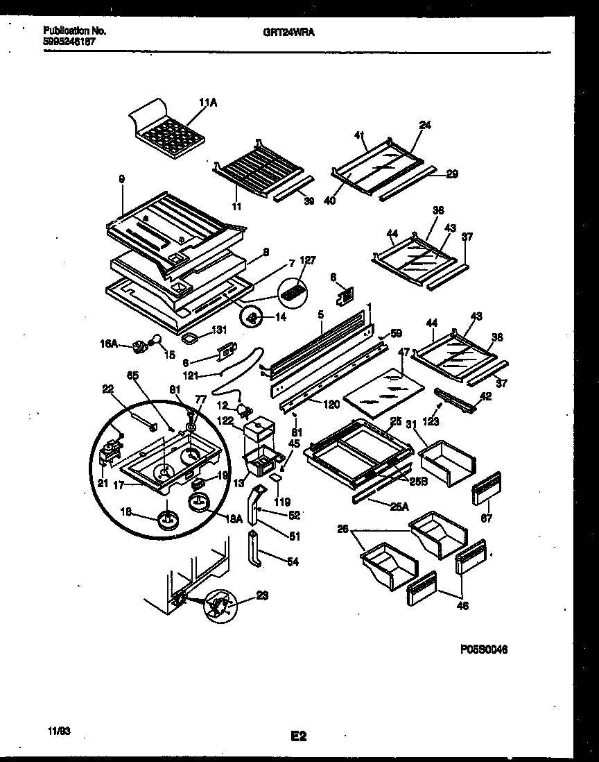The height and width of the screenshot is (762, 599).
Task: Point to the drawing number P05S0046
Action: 483,650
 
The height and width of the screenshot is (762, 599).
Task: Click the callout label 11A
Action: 207,103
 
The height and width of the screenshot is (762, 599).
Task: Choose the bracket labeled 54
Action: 255,548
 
